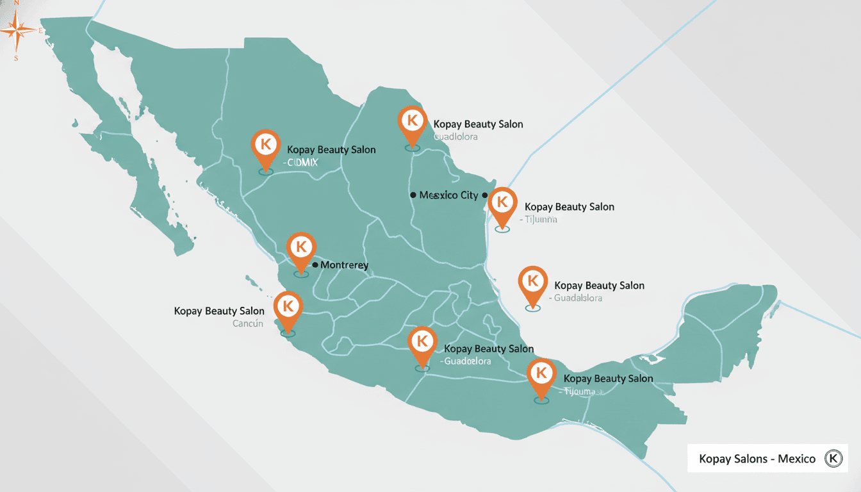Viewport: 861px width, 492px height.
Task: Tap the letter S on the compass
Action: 16,58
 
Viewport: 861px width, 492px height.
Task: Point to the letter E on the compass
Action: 41,30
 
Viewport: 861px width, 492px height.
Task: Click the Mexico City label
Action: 448,195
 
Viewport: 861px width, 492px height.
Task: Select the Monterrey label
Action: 344,265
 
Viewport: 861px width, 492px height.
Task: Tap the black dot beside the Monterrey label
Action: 315,265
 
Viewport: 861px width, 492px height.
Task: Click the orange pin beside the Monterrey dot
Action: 301,248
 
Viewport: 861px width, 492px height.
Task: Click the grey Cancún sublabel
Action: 248,324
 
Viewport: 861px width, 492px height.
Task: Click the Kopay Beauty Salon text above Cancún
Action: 219,311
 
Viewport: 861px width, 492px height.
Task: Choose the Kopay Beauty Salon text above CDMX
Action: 331,149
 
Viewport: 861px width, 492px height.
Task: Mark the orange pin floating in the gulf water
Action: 532,282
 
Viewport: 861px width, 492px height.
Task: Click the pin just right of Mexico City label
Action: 502,204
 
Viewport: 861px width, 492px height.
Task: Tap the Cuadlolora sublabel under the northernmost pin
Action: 455,136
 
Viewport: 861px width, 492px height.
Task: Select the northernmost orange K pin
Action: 412,121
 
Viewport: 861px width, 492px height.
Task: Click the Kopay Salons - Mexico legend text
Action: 757,459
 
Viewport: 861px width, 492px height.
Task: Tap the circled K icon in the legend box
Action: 833,458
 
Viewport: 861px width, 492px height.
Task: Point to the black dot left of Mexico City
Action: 413,195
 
